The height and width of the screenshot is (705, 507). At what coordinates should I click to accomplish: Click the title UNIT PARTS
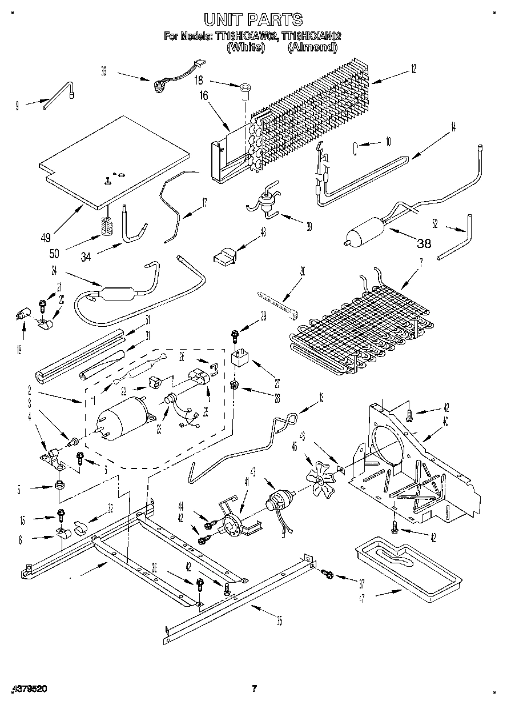[253, 19]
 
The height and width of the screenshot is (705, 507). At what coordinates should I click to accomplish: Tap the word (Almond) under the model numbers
[312, 47]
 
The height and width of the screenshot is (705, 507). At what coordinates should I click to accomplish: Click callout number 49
[46, 237]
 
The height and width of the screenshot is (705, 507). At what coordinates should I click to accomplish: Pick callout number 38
[424, 243]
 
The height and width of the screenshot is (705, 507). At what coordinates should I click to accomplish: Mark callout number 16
[202, 97]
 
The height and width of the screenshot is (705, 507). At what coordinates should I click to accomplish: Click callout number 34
[86, 258]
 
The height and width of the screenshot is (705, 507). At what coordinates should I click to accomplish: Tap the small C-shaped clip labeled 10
[355, 150]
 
